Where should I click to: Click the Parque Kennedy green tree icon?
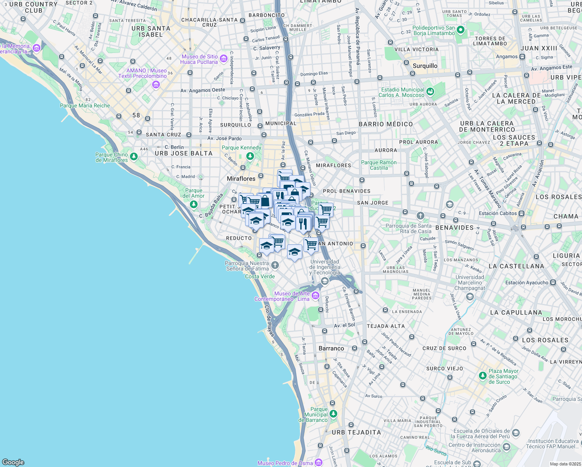250,156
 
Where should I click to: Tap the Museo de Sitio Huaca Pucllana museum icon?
224,59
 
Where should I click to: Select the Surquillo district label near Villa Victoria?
425,66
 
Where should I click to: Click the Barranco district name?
331,348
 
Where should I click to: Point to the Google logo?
13,462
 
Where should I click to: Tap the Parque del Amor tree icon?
193,204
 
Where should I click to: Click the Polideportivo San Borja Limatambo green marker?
461,30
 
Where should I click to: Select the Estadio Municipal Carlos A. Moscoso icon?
430,92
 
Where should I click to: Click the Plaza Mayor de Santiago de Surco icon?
483,376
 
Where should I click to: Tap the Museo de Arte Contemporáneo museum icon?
316,296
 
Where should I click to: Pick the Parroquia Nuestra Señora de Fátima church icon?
275,265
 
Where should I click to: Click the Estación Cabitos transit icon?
522,213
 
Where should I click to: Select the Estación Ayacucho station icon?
553,283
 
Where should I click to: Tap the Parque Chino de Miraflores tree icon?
134,157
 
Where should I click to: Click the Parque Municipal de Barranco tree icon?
333,413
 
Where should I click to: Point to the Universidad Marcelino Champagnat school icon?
470,297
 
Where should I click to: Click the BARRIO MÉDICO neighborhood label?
386,124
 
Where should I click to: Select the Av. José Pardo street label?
224,139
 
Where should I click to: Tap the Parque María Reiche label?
85,105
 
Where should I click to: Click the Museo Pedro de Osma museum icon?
319,462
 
